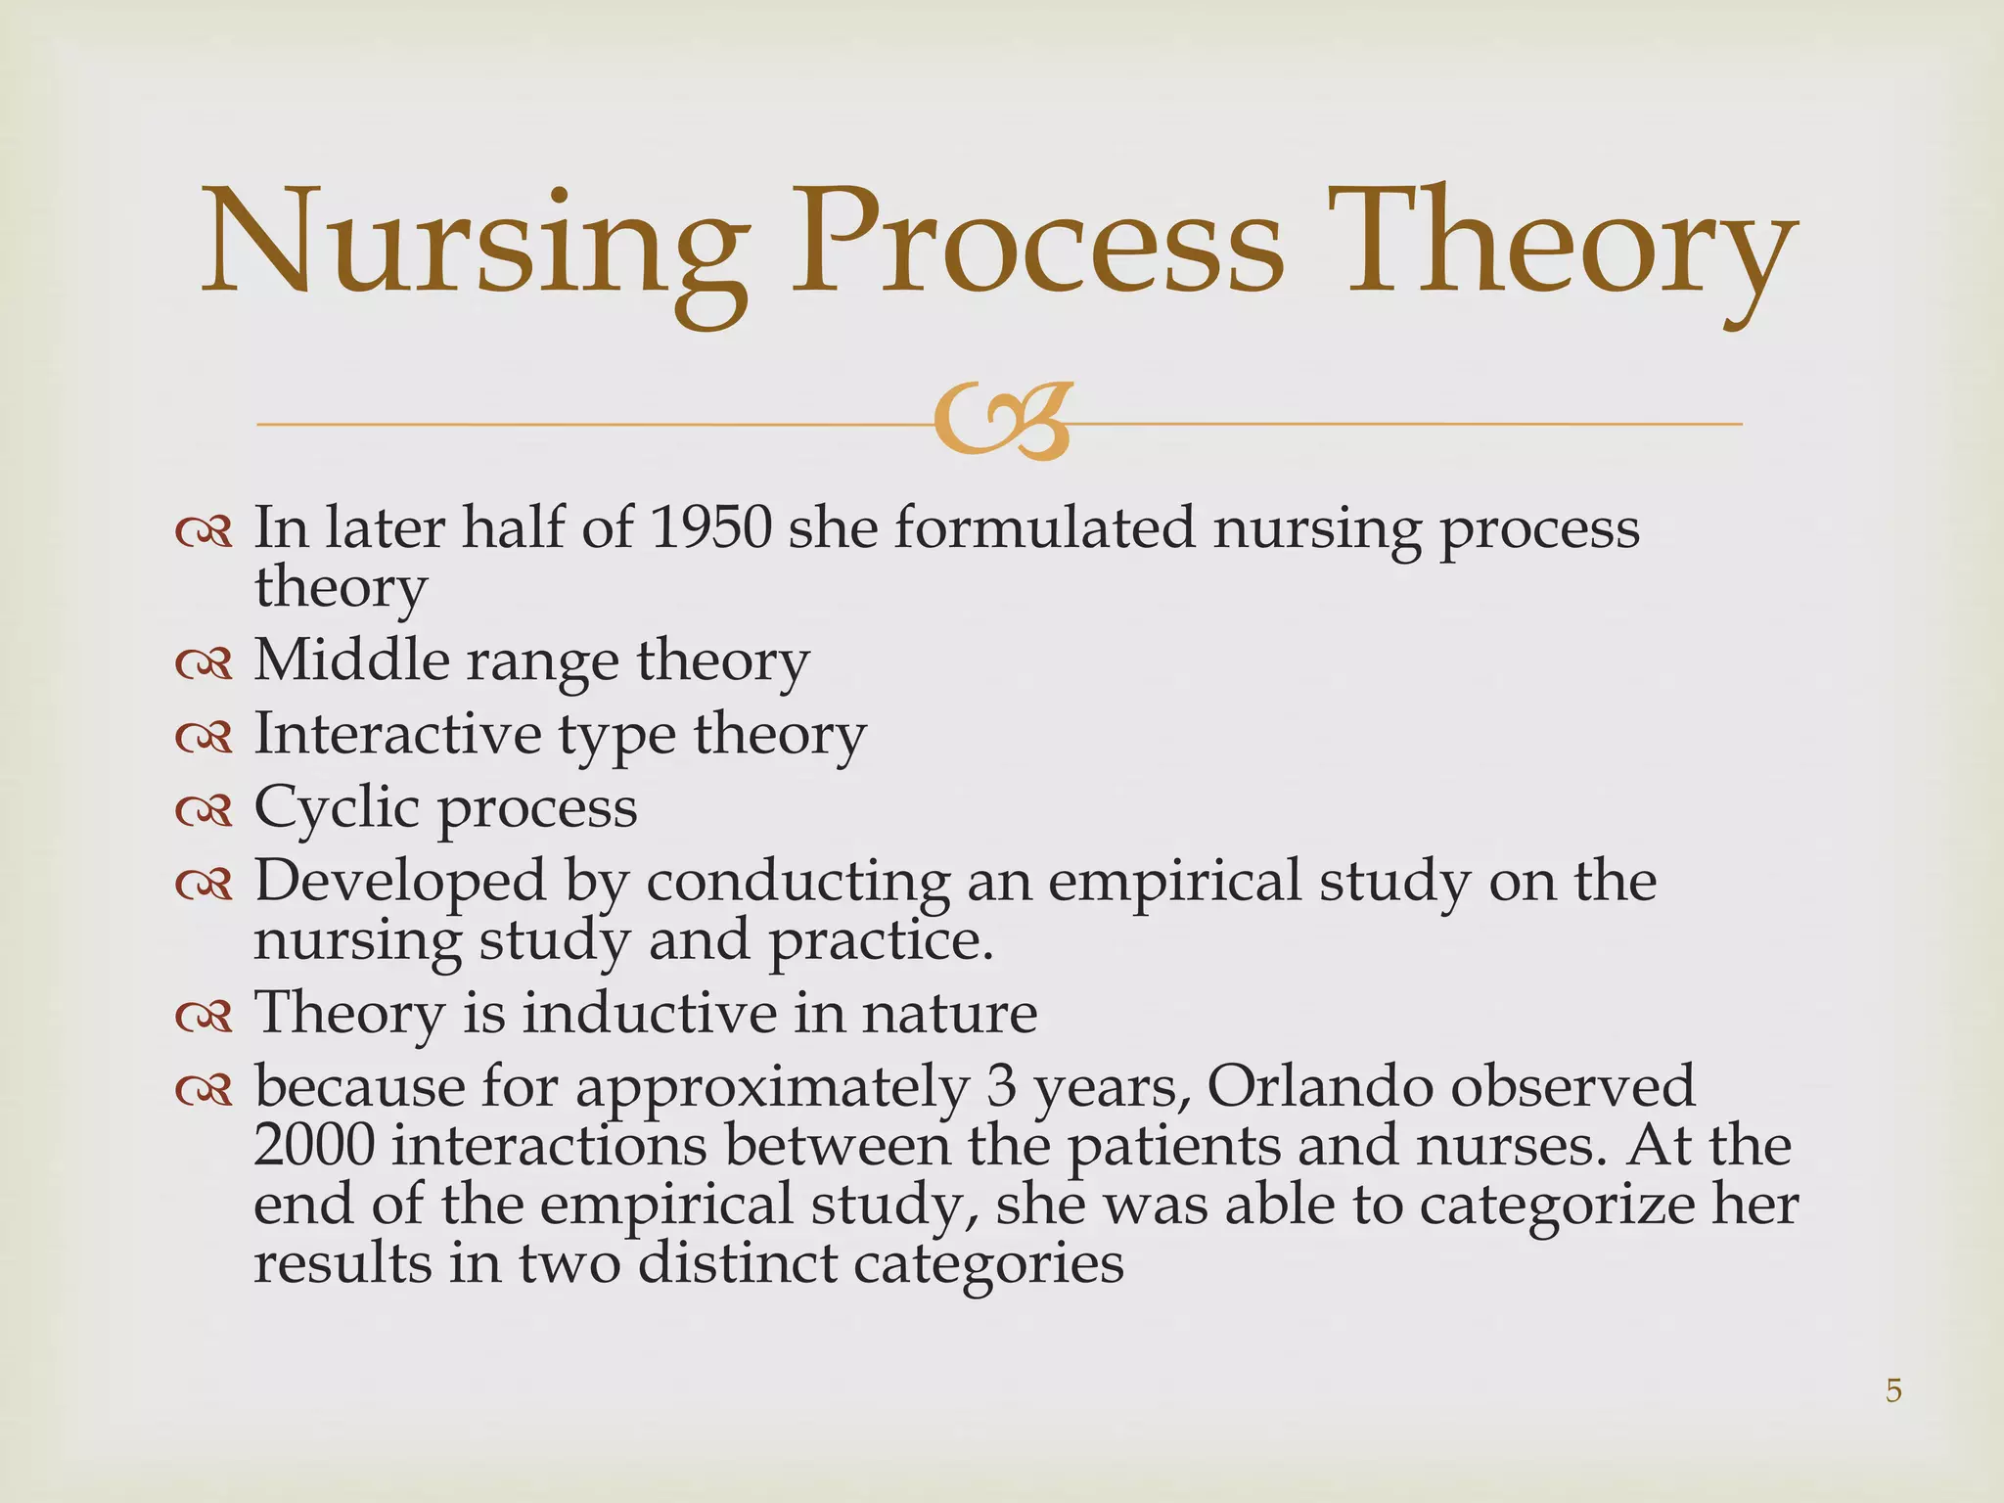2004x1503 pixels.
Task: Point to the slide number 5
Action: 1893,1390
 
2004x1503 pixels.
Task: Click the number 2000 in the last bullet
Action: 313,1146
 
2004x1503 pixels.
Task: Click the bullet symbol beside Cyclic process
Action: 204,810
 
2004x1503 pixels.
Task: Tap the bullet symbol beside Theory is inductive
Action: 204,1016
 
